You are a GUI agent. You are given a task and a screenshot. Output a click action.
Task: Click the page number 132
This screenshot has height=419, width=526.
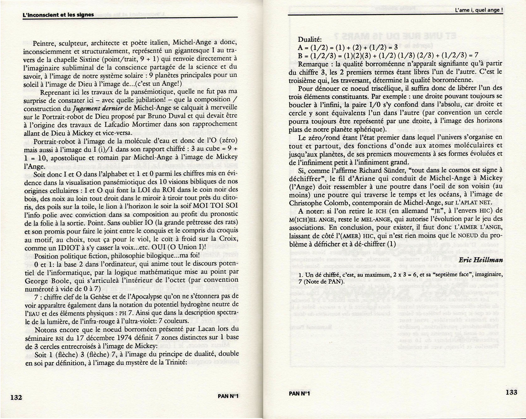tap(16, 397)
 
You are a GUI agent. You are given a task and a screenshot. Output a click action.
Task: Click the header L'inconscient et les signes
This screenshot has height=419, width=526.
tap(58, 15)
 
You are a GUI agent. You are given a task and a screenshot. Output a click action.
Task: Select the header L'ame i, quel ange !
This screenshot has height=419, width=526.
tap(479, 10)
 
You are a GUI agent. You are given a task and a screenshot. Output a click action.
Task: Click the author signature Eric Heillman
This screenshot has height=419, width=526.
tap(481, 260)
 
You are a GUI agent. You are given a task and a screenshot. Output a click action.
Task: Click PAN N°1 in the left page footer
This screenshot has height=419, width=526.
tap(228, 396)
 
